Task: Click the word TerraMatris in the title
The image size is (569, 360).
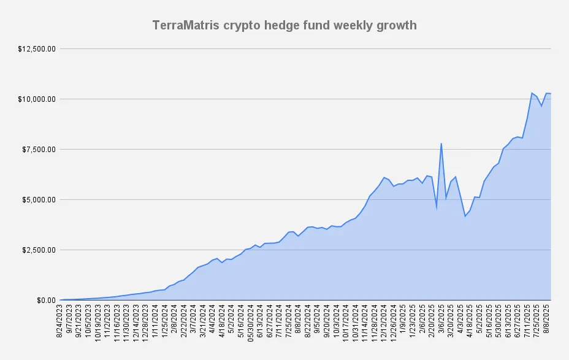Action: click(186, 25)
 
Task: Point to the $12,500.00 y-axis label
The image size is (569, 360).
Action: click(37, 48)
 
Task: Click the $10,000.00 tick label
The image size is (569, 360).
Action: click(37, 99)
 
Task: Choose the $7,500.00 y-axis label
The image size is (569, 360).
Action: click(39, 150)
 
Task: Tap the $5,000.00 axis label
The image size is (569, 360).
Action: click(39, 199)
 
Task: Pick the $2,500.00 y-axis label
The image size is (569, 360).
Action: click(39, 250)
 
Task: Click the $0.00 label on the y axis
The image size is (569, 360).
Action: click(46, 301)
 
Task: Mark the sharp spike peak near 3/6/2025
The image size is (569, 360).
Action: click(441, 144)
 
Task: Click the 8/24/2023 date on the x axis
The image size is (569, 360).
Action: click(59, 321)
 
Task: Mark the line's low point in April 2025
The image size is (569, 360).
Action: click(465, 216)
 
